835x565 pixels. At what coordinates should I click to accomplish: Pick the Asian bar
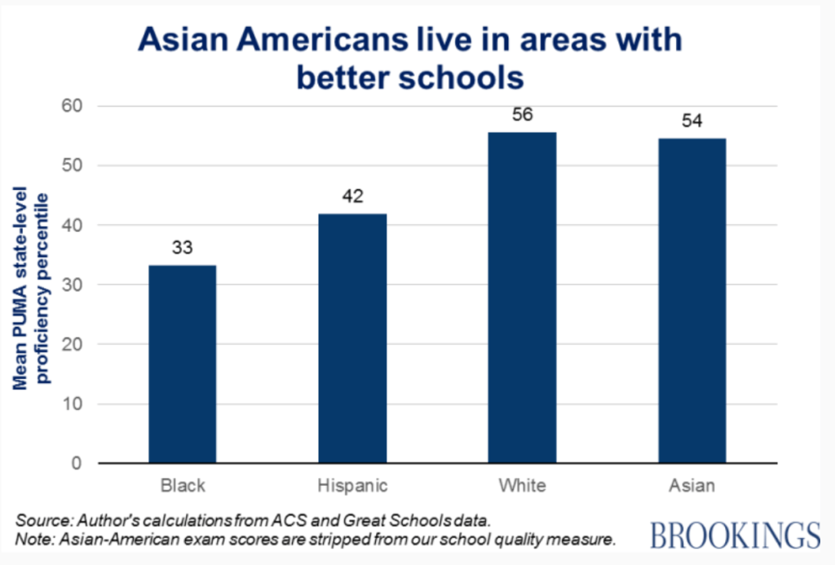coord(691,301)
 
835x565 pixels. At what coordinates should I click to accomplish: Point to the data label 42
coord(352,196)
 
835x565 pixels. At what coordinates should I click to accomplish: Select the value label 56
coord(522,115)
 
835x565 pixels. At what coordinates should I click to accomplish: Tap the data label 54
coord(691,121)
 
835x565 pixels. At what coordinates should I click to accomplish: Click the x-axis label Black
coord(182,487)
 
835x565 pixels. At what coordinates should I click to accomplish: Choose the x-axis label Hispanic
coord(352,487)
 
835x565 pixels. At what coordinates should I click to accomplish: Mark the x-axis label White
coord(522,487)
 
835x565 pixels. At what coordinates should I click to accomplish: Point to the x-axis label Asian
coord(691,487)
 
